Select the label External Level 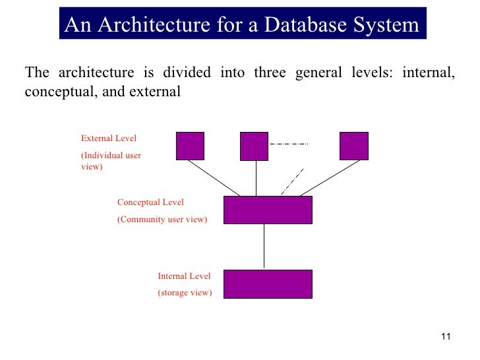[x=109, y=138]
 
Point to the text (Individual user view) [x=111, y=161]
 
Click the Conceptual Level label [x=150, y=202]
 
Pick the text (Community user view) [x=162, y=219]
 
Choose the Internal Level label [x=184, y=276]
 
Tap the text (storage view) [x=185, y=293]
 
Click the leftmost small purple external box [x=190, y=146]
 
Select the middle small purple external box [x=254, y=146]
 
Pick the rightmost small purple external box [x=353, y=146]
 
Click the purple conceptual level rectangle [x=268, y=210]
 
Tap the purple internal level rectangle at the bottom [x=268, y=284]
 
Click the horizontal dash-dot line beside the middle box [x=288, y=144]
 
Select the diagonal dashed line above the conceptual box [x=292, y=181]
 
